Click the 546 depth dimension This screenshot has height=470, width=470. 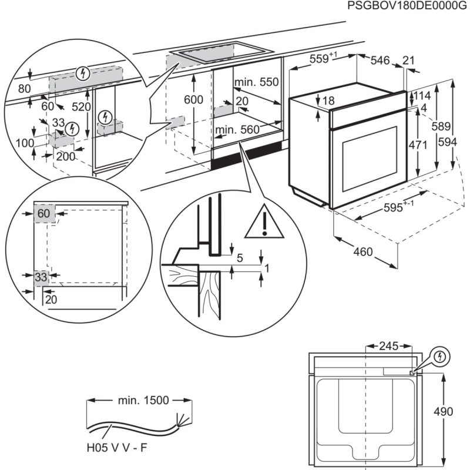(381, 60)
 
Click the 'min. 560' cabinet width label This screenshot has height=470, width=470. (237, 129)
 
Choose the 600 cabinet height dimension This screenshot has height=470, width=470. (193, 100)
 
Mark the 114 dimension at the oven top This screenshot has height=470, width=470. (422, 95)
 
